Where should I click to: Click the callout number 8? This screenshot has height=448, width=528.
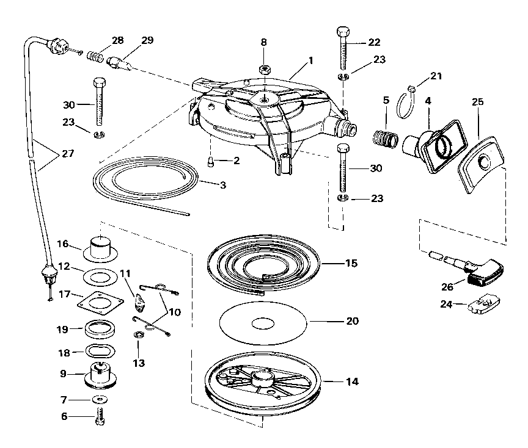[264, 43]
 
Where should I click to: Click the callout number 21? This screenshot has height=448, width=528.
[436, 76]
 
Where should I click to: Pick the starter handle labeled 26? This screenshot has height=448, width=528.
[483, 273]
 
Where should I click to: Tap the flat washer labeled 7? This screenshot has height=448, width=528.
[98, 399]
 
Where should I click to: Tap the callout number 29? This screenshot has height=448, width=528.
[147, 40]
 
